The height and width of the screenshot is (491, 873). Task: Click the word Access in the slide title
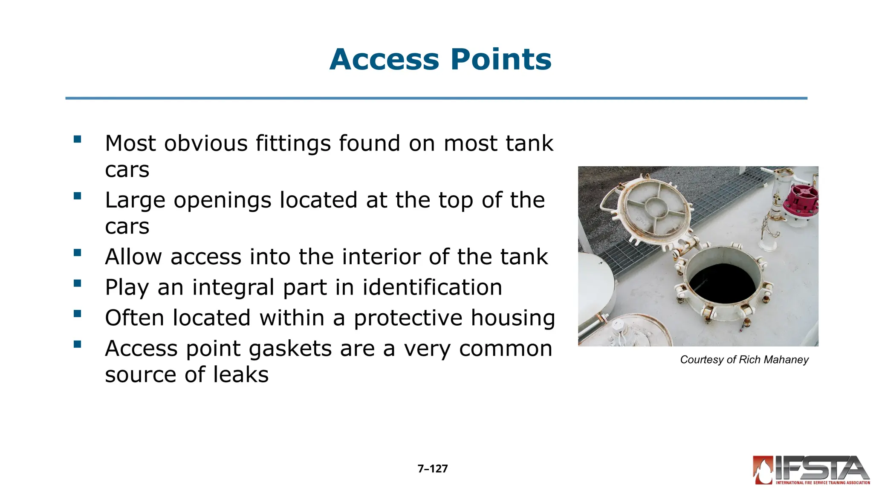[x=384, y=59]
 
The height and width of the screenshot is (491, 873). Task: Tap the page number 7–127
[x=433, y=469]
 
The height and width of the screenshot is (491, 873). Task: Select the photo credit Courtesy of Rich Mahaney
[x=744, y=360]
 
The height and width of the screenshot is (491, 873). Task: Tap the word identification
[x=432, y=287]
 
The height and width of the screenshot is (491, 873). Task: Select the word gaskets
[x=290, y=349]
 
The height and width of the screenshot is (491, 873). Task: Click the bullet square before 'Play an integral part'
[x=77, y=283]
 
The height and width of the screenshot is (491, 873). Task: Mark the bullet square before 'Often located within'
[x=77, y=314]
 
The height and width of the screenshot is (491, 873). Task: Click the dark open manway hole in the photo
[x=722, y=283]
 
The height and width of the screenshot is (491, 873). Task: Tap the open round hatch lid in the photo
[x=654, y=208]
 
